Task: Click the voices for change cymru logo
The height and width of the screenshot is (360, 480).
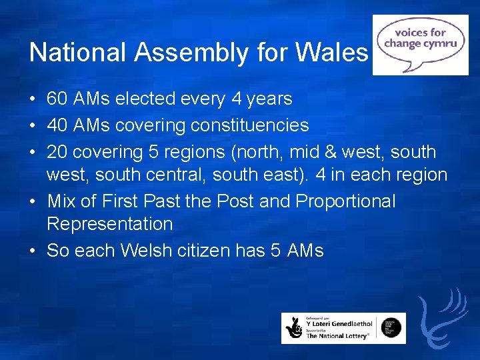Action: tap(420, 45)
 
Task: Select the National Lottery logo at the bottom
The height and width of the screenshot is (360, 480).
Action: tap(343, 328)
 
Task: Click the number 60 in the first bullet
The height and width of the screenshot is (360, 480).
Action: tap(57, 99)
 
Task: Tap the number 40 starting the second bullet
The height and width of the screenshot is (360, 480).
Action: tap(57, 125)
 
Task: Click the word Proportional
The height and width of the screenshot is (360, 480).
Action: tap(345, 201)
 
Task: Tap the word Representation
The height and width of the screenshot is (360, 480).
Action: tap(109, 225)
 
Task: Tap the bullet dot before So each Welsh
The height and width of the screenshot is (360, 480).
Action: tap(33, 251)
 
